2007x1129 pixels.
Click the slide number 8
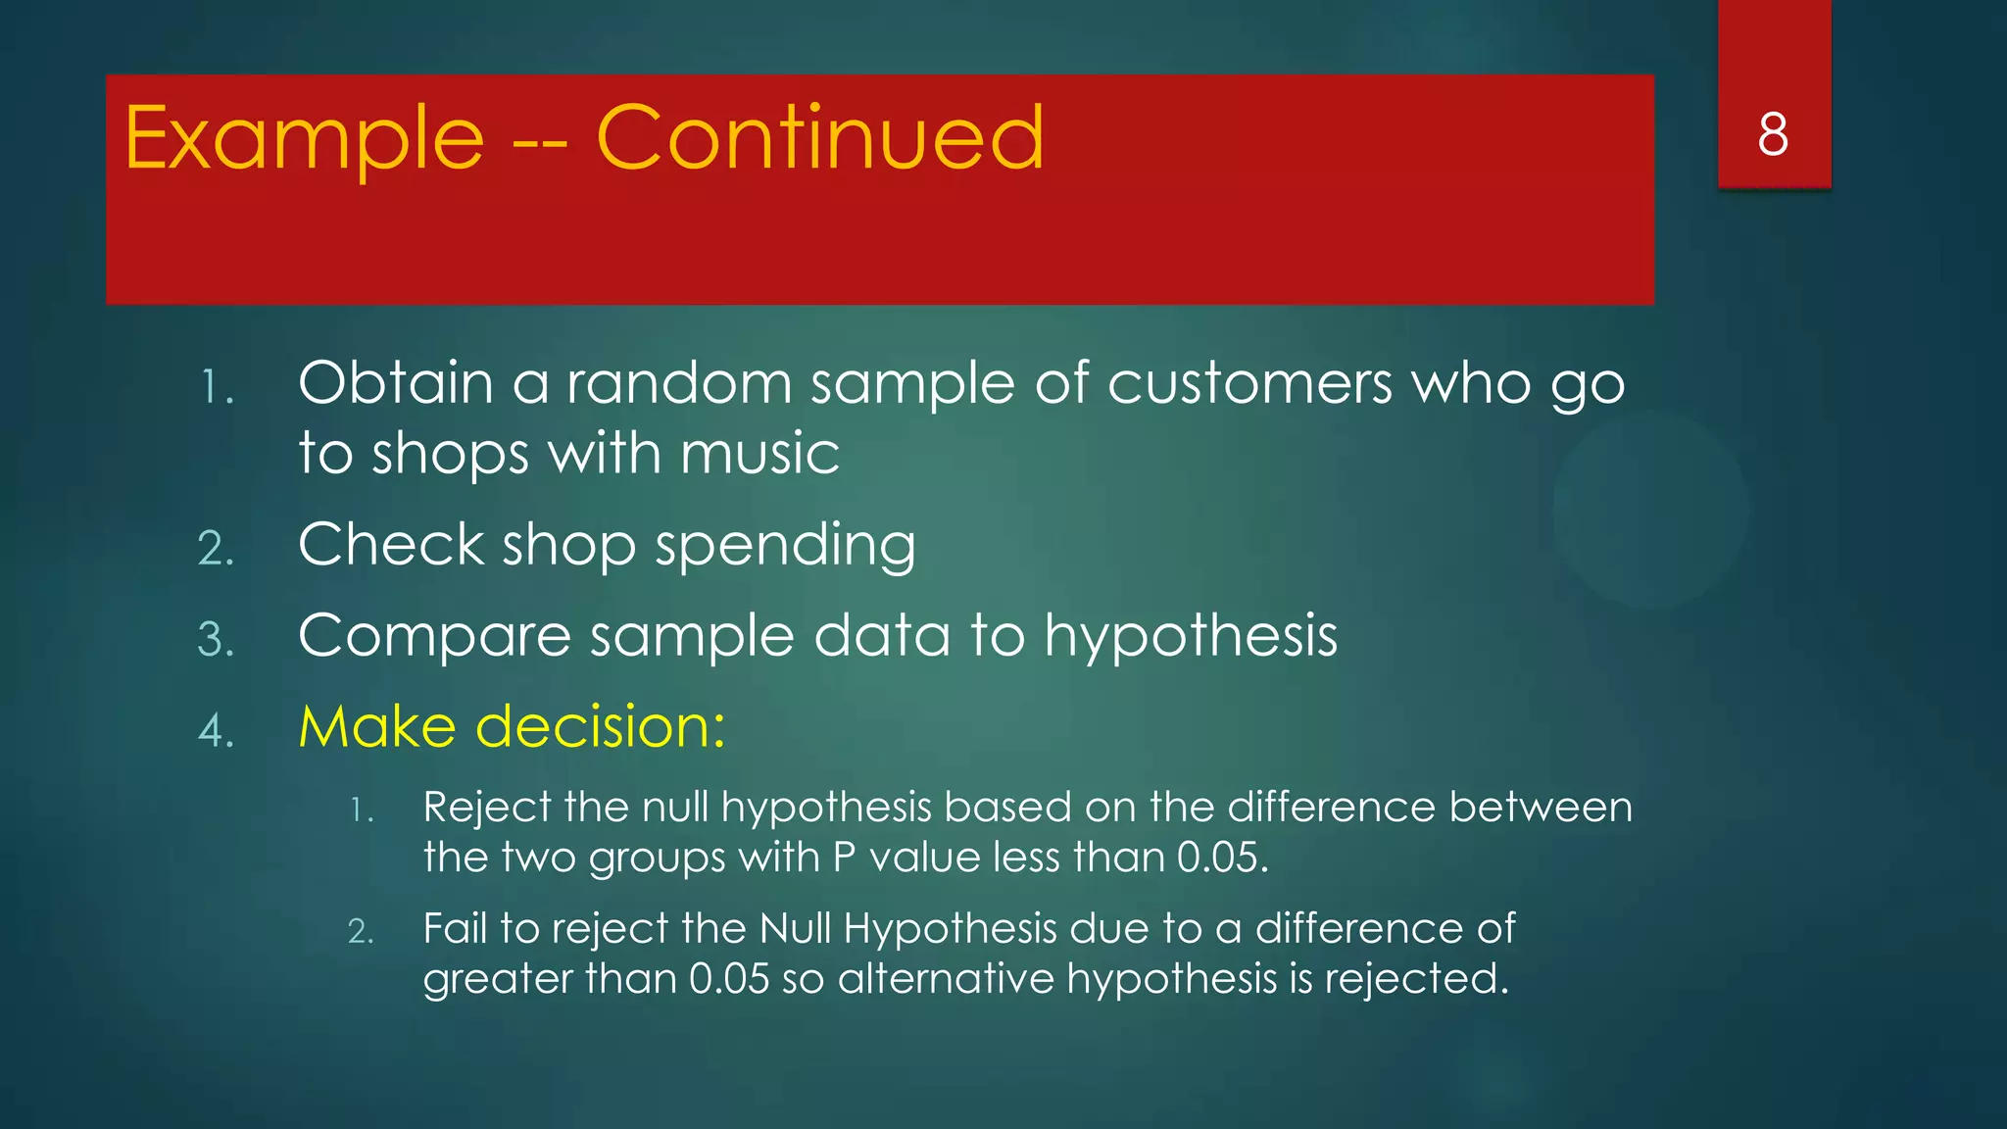point(1773,134)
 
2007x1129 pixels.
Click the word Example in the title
point(305,139)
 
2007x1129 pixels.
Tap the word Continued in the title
point(820,139)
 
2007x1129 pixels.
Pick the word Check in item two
point(391,545)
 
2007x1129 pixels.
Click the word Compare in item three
point(434,637)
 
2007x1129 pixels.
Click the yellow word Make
point(377,727)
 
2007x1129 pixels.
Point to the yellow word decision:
point(601,727)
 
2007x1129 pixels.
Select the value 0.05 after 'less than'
point(1222,859)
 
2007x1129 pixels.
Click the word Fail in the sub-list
point(455,928)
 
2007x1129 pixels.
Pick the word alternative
point(946,979)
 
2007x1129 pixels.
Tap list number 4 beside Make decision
point(216,731)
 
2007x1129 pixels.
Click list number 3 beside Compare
point(216,640)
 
